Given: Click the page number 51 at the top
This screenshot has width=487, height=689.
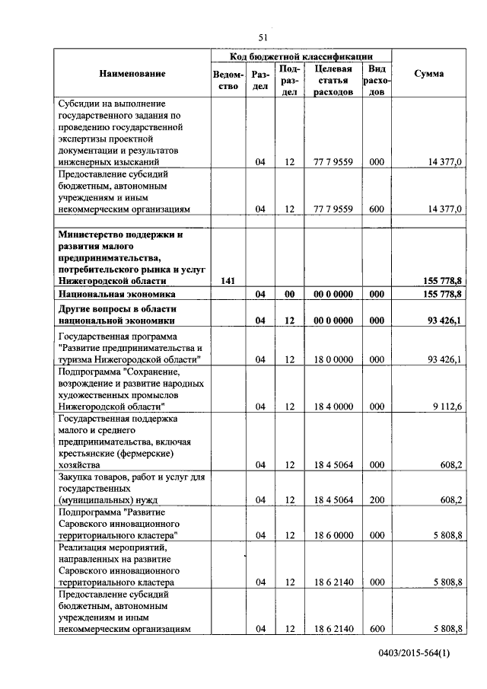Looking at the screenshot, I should tap(263, 37).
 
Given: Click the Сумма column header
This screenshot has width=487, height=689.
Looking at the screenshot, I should tap(428, 73).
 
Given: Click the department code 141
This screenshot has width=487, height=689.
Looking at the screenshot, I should tap(227, 281).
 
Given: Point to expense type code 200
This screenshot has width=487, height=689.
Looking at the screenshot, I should tap(376, 499).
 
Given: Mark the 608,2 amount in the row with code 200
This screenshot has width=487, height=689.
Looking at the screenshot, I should tap(448, 499).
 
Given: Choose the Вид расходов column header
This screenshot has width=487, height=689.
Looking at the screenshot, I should tap(376, 80).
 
